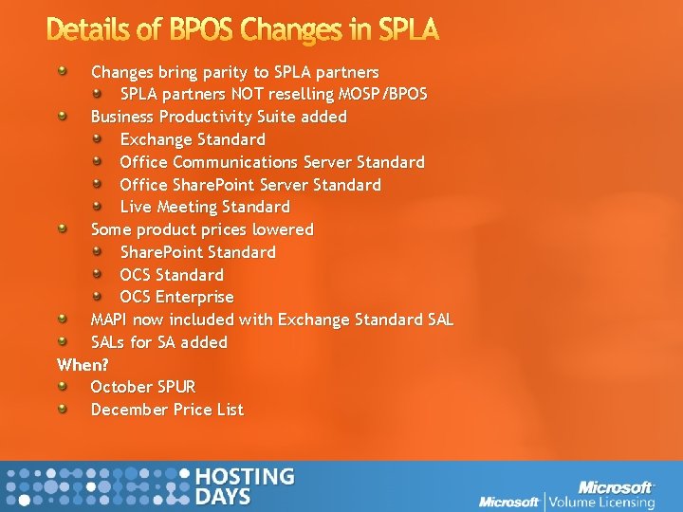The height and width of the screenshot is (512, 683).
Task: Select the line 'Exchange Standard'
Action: pyautogui.click(x=193, y=139)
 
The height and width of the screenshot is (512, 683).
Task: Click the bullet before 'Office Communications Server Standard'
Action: pyautogui.click(x=98, y=161)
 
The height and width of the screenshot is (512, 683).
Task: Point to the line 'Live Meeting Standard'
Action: pyautogui.click(x=205, y=207)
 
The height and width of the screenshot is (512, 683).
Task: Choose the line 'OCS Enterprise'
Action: pyautogui.click(x=176, y=297)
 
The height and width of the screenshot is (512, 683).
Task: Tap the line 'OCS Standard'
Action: pyautogui.click(x=172, y=275)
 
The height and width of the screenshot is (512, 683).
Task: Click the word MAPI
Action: pyautogui.click(x=109, y=320)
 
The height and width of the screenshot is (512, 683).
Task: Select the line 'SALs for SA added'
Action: pyautogui.click(x=158, y=342)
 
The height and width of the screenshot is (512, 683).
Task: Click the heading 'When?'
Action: pyautogui.click(x=83, y=364)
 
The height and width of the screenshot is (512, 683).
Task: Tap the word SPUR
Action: pyautogui.click(x=176, y=387)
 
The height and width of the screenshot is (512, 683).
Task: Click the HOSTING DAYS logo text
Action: pyautogui.click(x=244, y=486)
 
